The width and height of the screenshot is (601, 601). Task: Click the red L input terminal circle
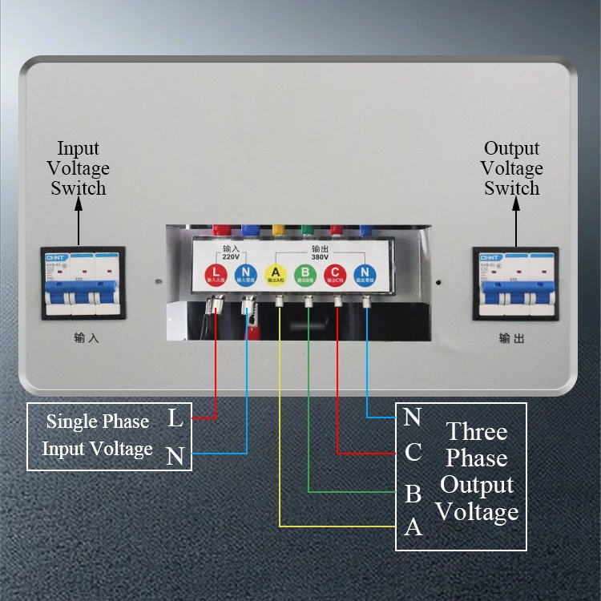pyautogui.click(x=216, y=274)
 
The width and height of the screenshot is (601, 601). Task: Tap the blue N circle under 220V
pyautogui.click(x=246, y=274)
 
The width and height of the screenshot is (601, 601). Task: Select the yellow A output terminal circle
pyautogui.click(x=276, y=274)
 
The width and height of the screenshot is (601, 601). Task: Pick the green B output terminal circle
pyautogui.click(x=306, y=274)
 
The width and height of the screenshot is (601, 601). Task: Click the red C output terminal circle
pyautogui.click(x=337, y=274)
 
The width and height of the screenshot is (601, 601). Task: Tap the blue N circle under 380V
pyautogui.click(x=365, y=274)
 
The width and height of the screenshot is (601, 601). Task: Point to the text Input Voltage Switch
pyautogui.click(x=79, y=168)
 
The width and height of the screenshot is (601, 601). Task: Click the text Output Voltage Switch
pyautogui.click(x=512, y=168)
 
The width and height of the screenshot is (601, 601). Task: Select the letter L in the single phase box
pyautogui.click(x=175, y=417)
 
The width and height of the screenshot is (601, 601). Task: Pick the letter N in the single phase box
pyautogui.click(x=175, y=456)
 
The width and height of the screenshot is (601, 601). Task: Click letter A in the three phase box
pyautogui.click(x=413, y=527)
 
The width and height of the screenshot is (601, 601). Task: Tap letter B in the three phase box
pyautogui.click(x=413, y=493)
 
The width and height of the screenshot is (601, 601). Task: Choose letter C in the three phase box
pyautogui.click(x=413, y=453)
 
